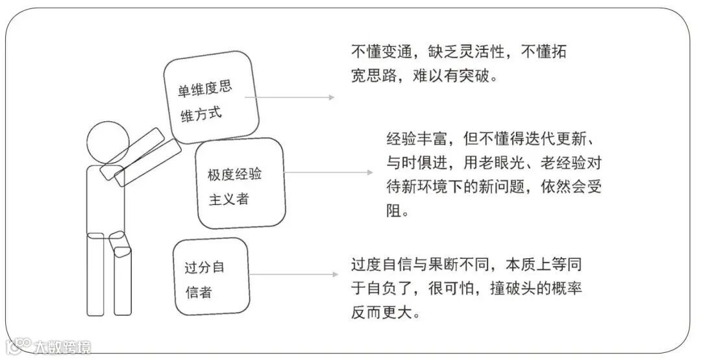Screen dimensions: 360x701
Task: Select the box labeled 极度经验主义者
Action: [x=241, y=183]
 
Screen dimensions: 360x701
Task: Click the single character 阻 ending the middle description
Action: [x=393, y=211]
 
